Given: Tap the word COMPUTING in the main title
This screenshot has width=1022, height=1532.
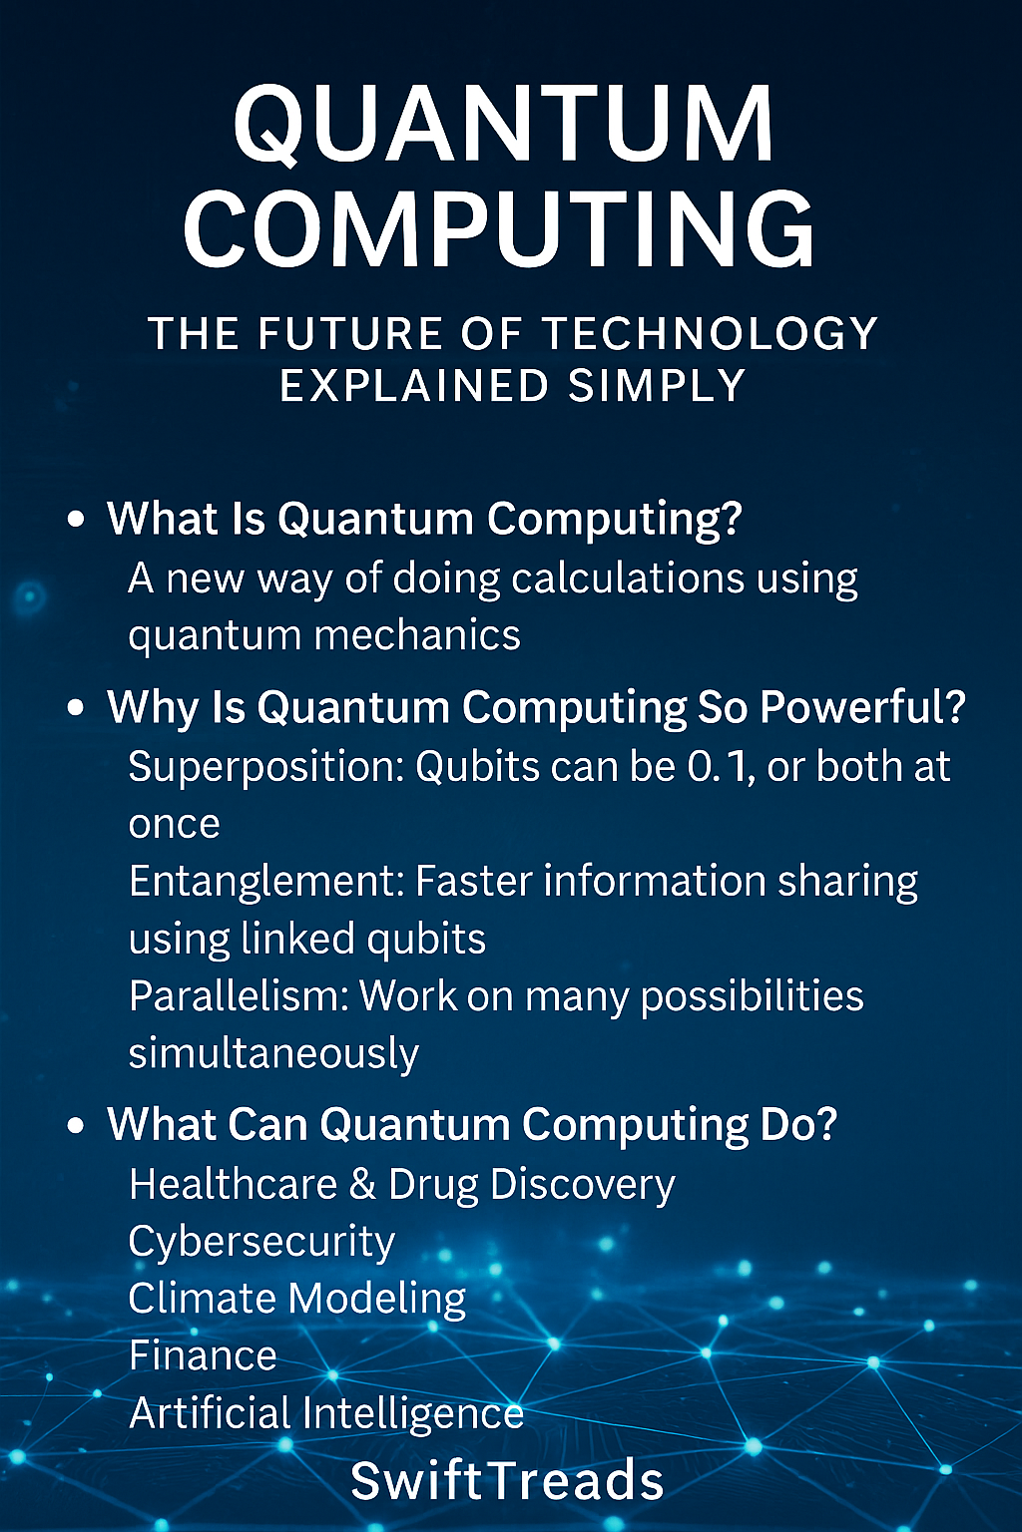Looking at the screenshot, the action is pyautogui.click(x=500, y=227).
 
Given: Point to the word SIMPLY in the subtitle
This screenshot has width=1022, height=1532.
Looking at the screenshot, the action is pyautogui.click(x=657, y=385).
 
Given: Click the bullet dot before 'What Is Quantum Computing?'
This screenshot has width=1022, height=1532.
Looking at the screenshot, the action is pyautogui.click(x=77, y=519).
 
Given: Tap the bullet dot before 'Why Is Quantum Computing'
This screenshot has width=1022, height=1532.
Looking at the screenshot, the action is pyautogui.click(x=77, y=707).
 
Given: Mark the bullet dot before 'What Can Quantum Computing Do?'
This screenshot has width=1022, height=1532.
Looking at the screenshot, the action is pyautogui.click(x=77, y=1125).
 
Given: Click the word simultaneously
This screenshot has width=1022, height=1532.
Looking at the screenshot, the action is pyautogui.click(x=273, y=1054).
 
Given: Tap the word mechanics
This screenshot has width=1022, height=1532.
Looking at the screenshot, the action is pyautogui.click(x=417, y=635).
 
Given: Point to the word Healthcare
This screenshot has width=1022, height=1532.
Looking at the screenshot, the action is pyautogui.click(x=233, y=1184).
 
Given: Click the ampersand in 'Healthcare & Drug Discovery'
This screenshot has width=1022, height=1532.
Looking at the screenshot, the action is pyautogui.click(x=363, y=1185).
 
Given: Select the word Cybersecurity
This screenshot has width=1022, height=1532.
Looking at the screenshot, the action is pyautogui.click(x=261, y=1243).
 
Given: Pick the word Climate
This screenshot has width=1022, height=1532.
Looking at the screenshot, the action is pyautogui.click(x=204, y=1298).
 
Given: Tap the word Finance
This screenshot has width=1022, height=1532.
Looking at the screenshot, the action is pyautogui.click(x=203, y=1355).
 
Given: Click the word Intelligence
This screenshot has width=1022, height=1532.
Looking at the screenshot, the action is pyautogui.click(x=413, y=1414).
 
